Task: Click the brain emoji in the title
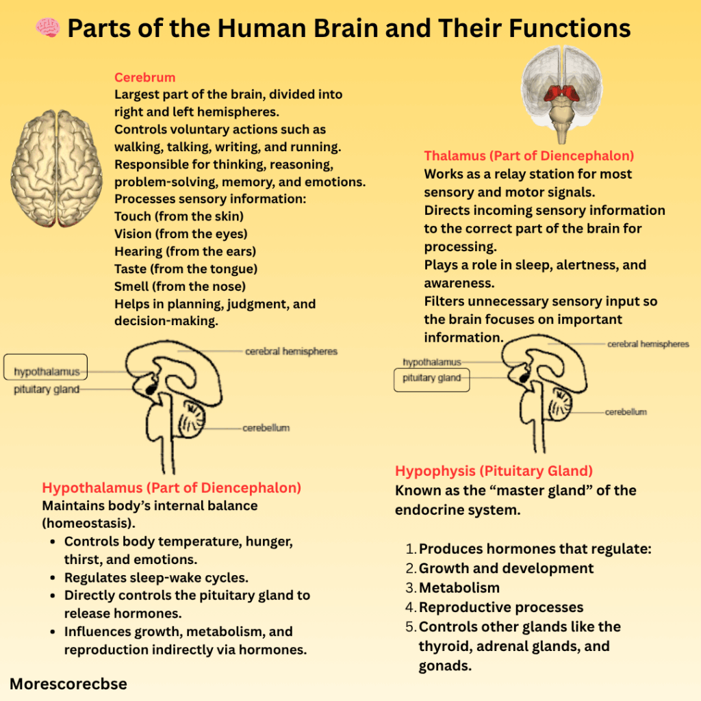47,29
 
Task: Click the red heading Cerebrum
144,77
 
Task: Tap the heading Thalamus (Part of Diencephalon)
528,155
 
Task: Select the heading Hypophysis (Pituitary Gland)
494,471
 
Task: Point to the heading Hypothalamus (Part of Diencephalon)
171,488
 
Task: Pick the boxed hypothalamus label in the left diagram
47,372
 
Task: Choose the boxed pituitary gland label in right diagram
431,378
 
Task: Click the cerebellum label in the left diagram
266,428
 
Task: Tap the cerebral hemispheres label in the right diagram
648,344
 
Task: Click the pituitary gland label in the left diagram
47,390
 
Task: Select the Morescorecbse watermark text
68,683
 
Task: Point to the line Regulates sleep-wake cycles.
156,577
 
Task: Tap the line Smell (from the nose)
179,286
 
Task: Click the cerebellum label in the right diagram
625,412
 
